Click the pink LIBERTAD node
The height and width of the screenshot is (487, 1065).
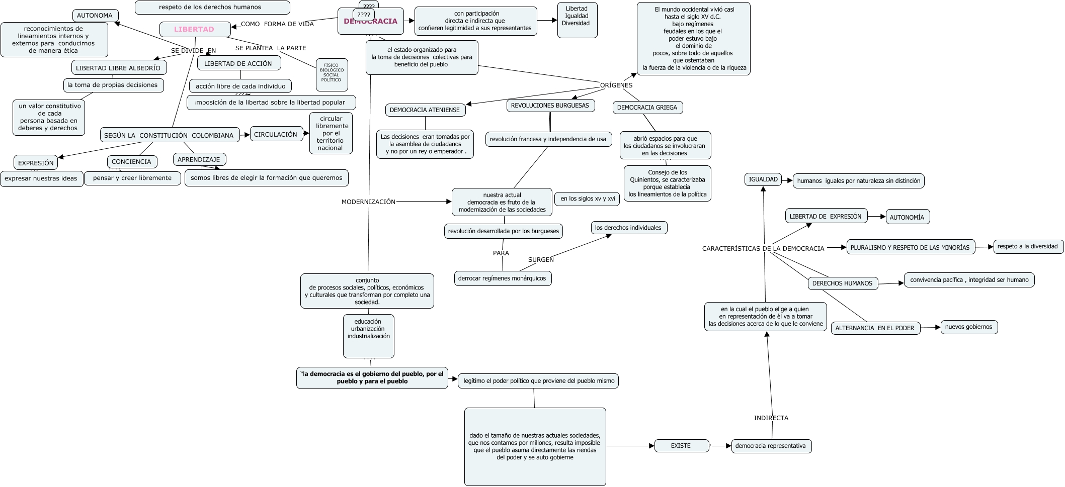[x=195, y=29]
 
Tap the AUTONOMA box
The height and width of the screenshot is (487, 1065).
[x=95, y=16]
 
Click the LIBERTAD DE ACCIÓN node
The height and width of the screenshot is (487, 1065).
[x=238, y=63]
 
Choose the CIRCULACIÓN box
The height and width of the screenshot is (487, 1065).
[x=276, y=134]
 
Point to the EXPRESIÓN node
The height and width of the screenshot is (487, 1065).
[x=36, y=163]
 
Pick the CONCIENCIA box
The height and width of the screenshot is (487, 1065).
[x=131, y=162]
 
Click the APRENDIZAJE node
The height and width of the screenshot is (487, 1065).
[x=199, y=159]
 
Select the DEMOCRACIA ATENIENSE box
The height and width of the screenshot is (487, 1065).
[x=425, y=110]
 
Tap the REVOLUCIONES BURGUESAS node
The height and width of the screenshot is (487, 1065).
[x=550, y=106]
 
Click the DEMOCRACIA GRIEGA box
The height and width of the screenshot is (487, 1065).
[x=647, y=107]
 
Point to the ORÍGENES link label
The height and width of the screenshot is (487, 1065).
[x=616, y=85]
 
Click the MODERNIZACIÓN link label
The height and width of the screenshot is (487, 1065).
[x=369, y=202]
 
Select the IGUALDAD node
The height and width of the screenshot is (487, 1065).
[x=763, y=179]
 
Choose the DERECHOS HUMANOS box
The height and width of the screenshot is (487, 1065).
[x=842, y=283]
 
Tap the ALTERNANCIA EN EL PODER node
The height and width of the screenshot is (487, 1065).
[x=875, y=328]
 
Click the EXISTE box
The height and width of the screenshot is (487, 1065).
[x=681, y=446]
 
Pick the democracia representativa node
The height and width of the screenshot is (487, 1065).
[x=771, y=446]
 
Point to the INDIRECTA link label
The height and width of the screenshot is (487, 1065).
[x=771, y=418]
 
